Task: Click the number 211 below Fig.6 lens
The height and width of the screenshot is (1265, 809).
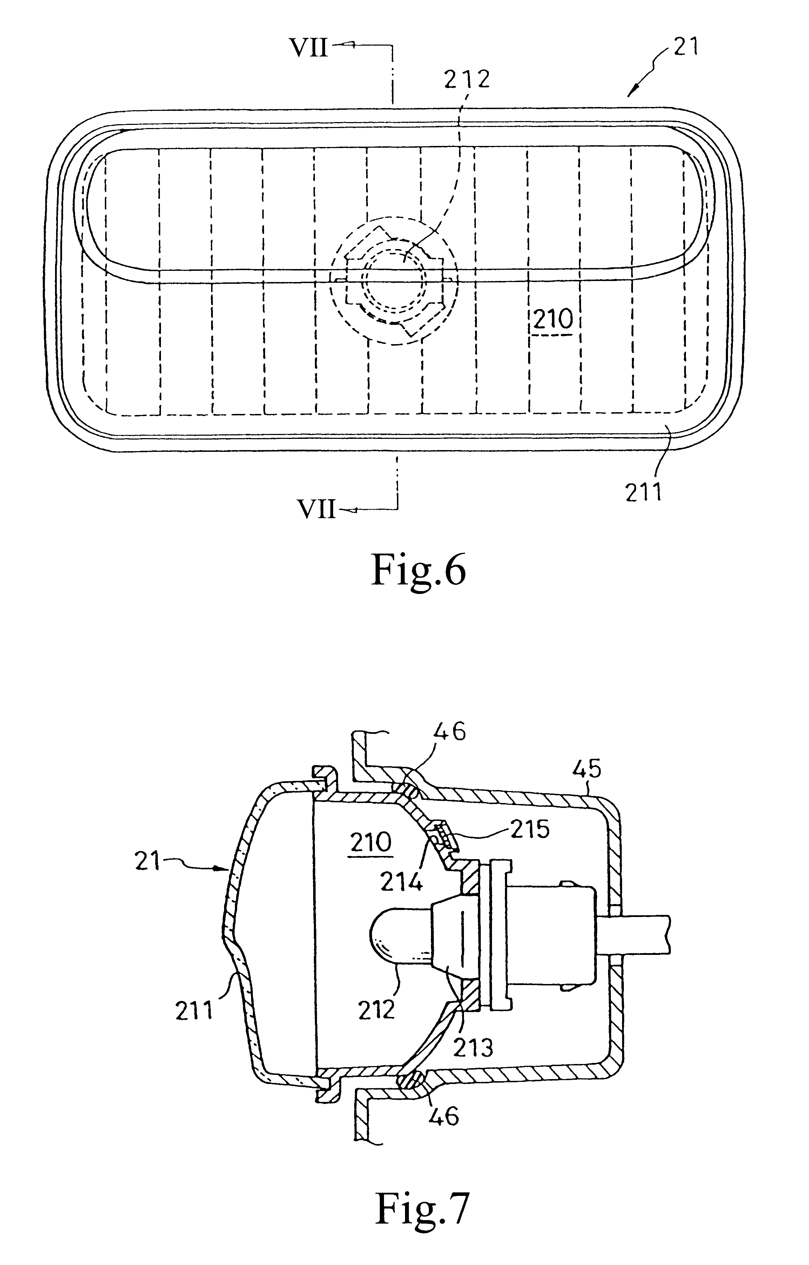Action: (643, 493)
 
